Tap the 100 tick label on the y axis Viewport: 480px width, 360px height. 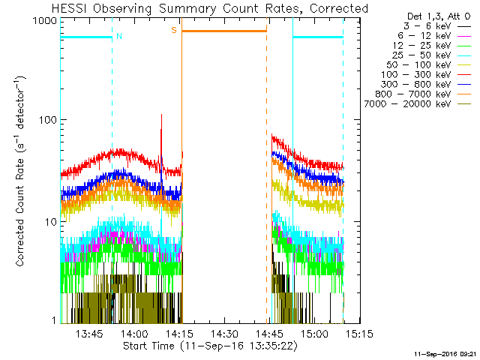(x=46, y=120)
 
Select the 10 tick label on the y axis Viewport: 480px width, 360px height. (x=49, y=222)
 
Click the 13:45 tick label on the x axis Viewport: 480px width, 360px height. (x=90, y=333)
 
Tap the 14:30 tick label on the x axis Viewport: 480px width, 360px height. (x=224, y=333)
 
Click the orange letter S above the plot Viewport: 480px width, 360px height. (x=174, y=30)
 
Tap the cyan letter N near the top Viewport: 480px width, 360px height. (x=119, y=35)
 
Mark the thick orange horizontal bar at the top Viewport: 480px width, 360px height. (x=224, y=31)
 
